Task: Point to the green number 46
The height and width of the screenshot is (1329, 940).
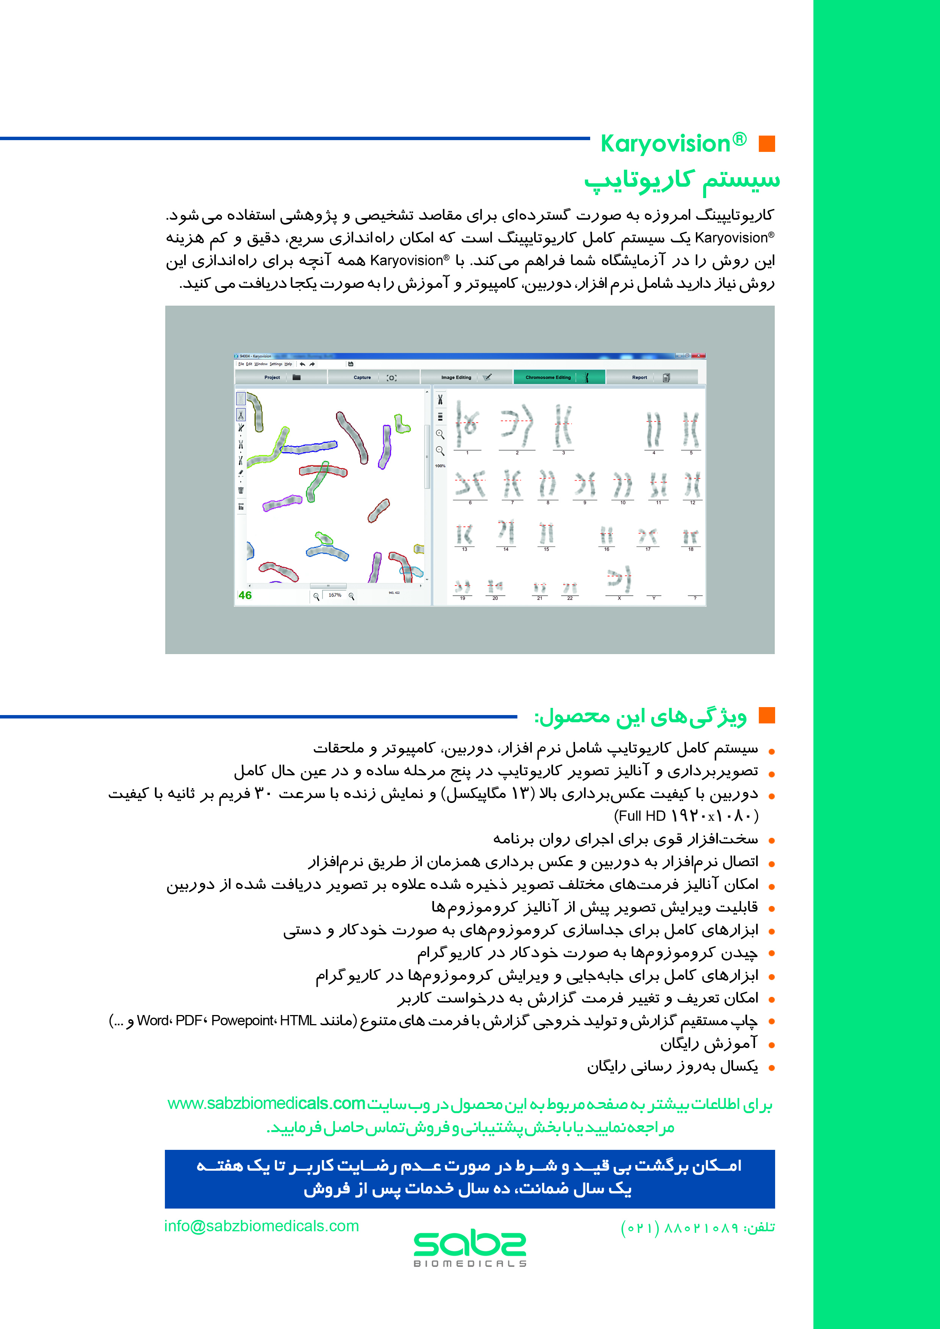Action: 245,595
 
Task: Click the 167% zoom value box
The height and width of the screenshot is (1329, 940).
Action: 335,595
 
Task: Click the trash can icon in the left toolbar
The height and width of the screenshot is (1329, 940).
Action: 241,490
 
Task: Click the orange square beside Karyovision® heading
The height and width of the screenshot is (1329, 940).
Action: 766,144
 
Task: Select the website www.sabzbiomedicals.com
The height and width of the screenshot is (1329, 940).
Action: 266,1103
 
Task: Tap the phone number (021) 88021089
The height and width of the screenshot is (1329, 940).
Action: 679,1227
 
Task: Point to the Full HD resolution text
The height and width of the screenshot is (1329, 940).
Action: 686,816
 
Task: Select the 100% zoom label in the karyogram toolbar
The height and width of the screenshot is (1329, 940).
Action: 440,466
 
